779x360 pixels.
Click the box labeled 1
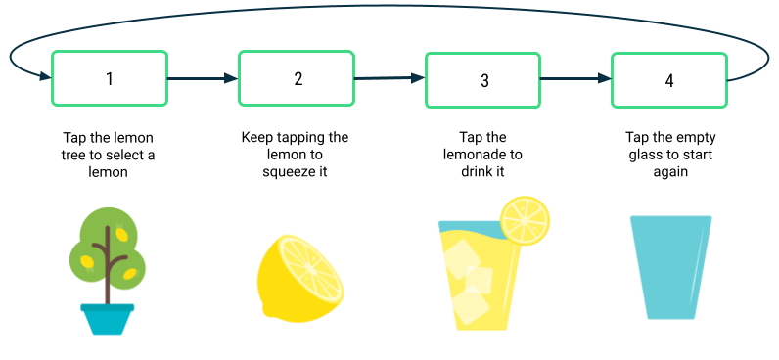[x=110, y=78]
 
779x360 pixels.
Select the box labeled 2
[x=297, y=77]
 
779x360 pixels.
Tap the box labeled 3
[x=482, y=79]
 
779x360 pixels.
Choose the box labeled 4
[x=669, y=80]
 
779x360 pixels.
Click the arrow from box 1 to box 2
[x=203, y=77]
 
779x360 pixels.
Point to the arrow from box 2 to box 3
[x=389, y=77]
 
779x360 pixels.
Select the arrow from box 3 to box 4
[x=575, y=78]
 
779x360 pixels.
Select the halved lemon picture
[x=300, y=278]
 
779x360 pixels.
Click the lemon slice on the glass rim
[x=526, y=219]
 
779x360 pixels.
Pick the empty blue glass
[x=671, y=266]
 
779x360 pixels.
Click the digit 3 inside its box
[x=484, y=80]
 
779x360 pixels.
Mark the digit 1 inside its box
[x=110, y=78]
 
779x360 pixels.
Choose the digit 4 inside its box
[x=669, y=80]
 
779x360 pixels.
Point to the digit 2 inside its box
[x=298, y=78]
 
